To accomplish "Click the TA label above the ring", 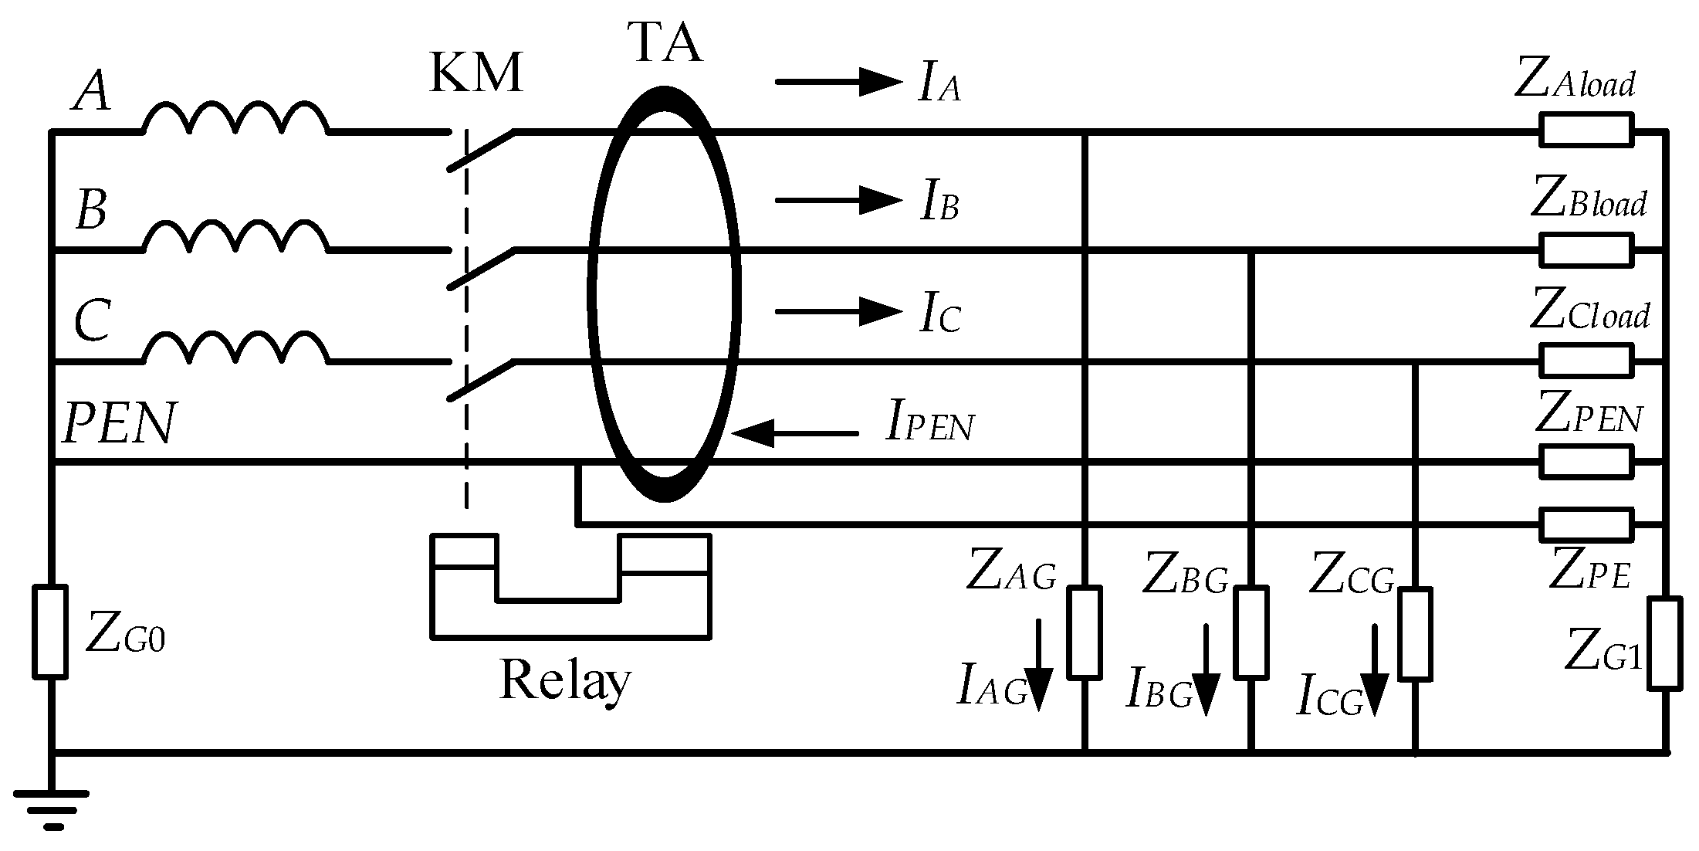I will coord(665,45).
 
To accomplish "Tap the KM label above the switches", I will coord(476,75).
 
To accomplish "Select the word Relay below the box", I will coord(564,681).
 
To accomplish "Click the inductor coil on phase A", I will coord(235,117).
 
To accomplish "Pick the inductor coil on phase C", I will coord(235,348).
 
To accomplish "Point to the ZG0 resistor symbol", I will coord(49,632).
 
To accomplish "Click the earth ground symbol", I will coord(52,807).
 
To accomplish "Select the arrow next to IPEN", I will coord(795,433).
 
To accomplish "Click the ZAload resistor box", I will coord(1587,130).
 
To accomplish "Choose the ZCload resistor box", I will coord(1587,361).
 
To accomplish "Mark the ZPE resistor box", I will coord(1587,524).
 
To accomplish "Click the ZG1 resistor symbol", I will coord(1665,643).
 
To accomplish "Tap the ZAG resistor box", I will coord(1085,632).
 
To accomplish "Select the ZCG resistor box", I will coord(1416,634).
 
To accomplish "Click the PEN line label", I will coord(119,424).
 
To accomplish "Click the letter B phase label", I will coord(91,210).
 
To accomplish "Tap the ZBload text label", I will coord(1588,202).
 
